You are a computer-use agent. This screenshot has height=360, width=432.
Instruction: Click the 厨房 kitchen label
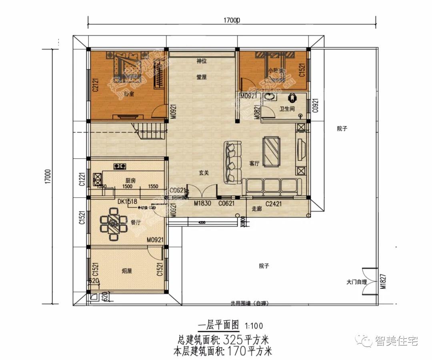pos(130,181)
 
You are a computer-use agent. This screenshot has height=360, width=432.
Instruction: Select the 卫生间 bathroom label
pos(287,109)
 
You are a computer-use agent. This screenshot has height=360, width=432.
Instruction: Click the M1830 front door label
pos(202,203)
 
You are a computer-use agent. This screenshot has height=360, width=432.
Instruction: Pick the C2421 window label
pos(274,203)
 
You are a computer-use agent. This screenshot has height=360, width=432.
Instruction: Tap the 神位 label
pos(201,61)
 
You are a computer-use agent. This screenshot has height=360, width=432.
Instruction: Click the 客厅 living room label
pos(254,163)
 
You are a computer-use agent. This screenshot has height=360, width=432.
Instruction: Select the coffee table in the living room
pos(271,151)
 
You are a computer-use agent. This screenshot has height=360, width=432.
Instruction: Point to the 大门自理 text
pos(356,282)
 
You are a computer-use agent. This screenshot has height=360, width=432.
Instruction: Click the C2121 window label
pos(95,85)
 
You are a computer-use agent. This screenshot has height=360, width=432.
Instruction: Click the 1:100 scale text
pos(254,326)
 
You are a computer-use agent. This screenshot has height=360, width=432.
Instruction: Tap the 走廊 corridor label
pos(256,209)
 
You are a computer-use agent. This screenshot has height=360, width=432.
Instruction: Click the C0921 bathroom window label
pos(315,105)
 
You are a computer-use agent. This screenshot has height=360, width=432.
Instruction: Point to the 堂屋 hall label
pos(201,77)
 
